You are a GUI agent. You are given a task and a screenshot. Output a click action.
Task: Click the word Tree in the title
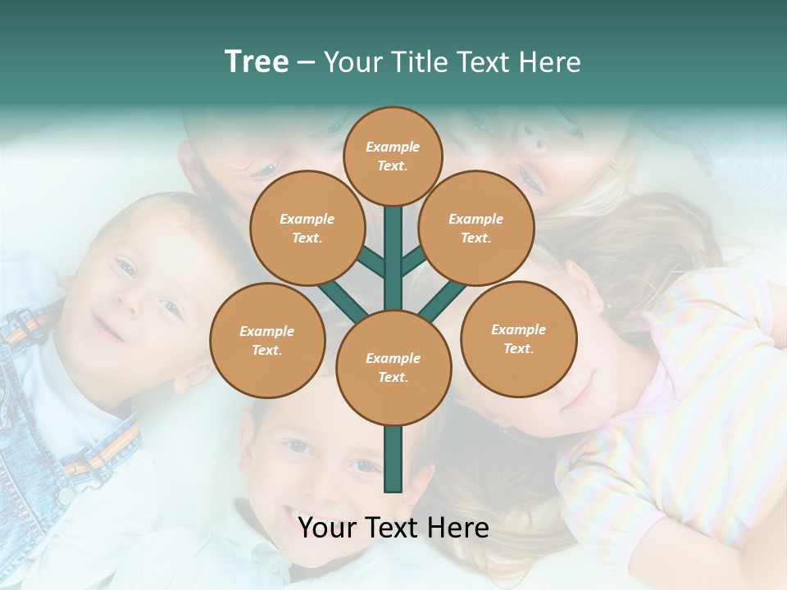click(x=257, y=62)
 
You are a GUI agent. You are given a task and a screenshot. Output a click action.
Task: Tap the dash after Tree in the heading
click(x=306, y=63)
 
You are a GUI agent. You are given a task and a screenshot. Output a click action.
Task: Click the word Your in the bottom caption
click(x=327, y=528)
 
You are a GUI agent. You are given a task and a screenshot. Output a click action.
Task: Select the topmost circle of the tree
click(x=393, y=156)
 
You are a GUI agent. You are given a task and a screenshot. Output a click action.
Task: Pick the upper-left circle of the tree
click(x=307, y=228)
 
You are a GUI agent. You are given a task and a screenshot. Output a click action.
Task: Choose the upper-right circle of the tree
click(x=476, y=228)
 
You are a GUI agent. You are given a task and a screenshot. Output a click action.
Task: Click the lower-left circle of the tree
click(x=267, y=340)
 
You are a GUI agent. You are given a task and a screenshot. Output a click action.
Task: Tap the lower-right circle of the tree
click(x=519, y=338)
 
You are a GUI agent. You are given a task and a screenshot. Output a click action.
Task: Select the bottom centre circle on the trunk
click(x=393, y=368)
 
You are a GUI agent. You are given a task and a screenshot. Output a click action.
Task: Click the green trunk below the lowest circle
click(x=393, y=459)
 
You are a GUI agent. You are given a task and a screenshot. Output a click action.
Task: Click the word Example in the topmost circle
click(x=393, y=147)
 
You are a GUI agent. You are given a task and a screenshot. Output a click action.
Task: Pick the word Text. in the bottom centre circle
click(x=393, y=378)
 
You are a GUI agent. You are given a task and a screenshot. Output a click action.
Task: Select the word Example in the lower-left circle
click(x=266, y=331)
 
